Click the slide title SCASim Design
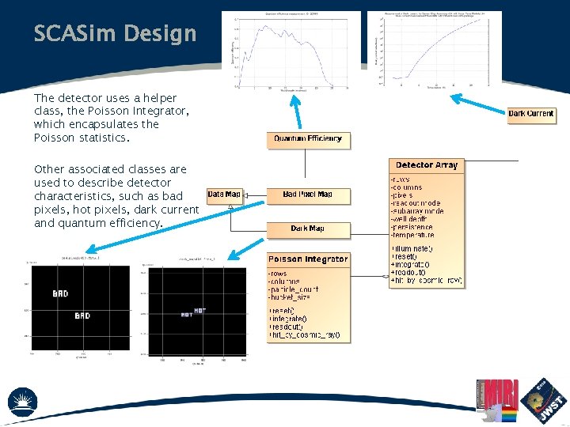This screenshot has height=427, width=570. click(115, 34)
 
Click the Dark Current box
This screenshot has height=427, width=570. click(530, 114)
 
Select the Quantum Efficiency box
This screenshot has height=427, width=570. click(308, 139)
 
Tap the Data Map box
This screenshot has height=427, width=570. click(223, 195)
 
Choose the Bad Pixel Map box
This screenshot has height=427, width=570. click(307, 195)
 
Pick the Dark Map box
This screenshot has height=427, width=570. click(307, 229)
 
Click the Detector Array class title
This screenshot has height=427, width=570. click(427, 165)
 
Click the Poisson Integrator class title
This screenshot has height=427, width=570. click(308, 259)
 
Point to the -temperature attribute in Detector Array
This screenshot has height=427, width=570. click(412, 235)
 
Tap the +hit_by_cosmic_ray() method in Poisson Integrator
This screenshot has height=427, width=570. click(305, 335)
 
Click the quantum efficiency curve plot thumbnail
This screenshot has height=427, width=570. click(294, 49)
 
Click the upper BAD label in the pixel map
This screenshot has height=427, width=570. click(60, 293)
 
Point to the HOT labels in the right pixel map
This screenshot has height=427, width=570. click(192, 312)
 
